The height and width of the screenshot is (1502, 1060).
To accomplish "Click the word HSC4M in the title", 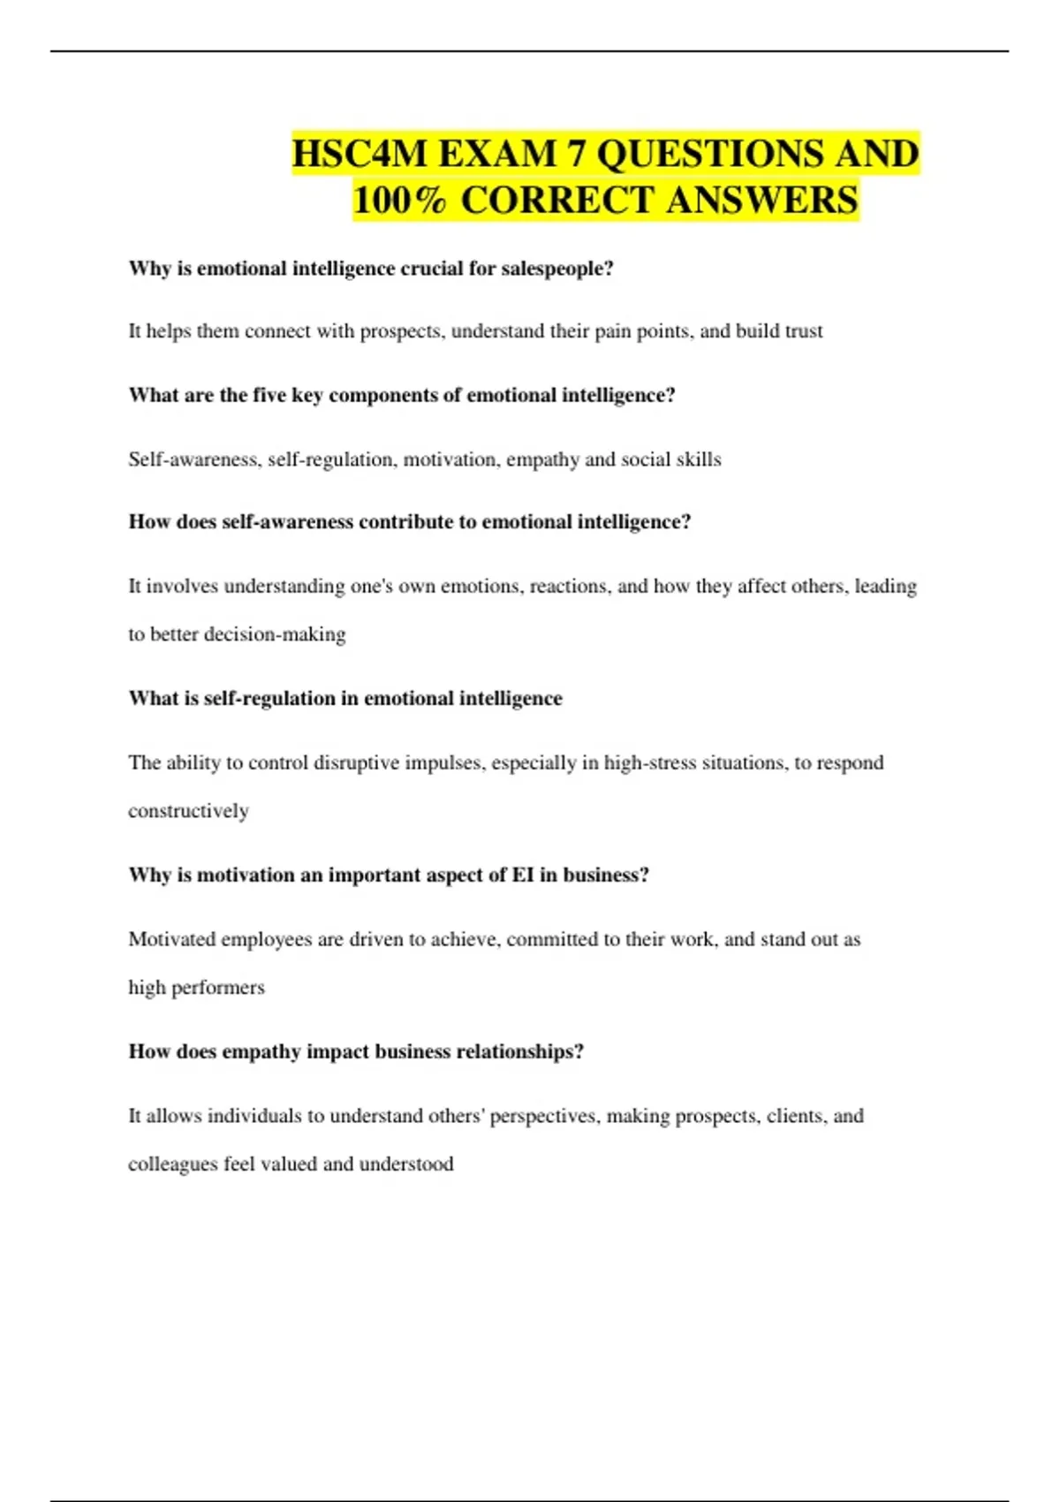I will click(359, 155).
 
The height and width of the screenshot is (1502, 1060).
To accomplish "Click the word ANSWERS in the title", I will click(762, 201).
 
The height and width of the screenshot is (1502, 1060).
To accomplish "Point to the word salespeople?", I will click(557, 269).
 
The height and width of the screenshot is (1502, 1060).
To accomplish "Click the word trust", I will click(804, 331).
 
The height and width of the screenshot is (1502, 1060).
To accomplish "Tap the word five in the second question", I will click(269, 395).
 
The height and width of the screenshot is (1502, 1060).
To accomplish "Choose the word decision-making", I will click(275, 634).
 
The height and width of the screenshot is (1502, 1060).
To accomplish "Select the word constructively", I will click(188, 811).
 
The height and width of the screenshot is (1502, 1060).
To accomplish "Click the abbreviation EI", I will click(523, 875).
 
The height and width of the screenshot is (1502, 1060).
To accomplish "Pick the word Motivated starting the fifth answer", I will click(171, 939).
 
